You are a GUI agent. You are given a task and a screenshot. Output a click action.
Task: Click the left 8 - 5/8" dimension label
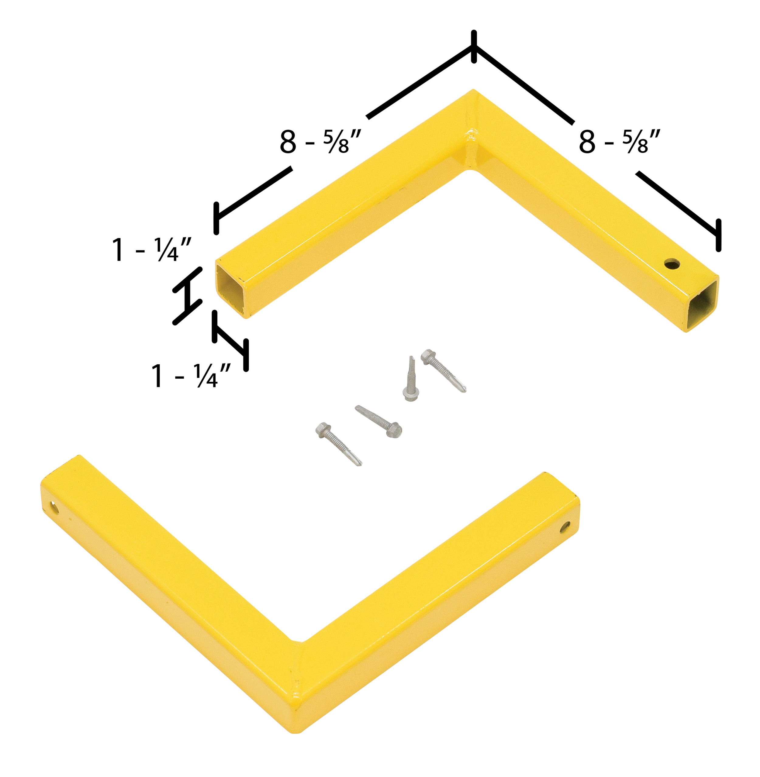click(x=320, y=141)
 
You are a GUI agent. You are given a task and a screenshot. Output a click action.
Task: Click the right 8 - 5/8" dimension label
click(x=620, y=141)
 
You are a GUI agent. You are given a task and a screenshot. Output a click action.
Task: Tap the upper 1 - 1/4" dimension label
click(x=151, y=249)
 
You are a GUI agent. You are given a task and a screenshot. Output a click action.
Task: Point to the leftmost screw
click(x=338, y=444)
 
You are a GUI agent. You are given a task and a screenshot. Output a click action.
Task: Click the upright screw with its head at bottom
click(x=411, y=379)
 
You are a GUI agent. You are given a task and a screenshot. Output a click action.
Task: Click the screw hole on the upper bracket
click(x=672, y=263)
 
